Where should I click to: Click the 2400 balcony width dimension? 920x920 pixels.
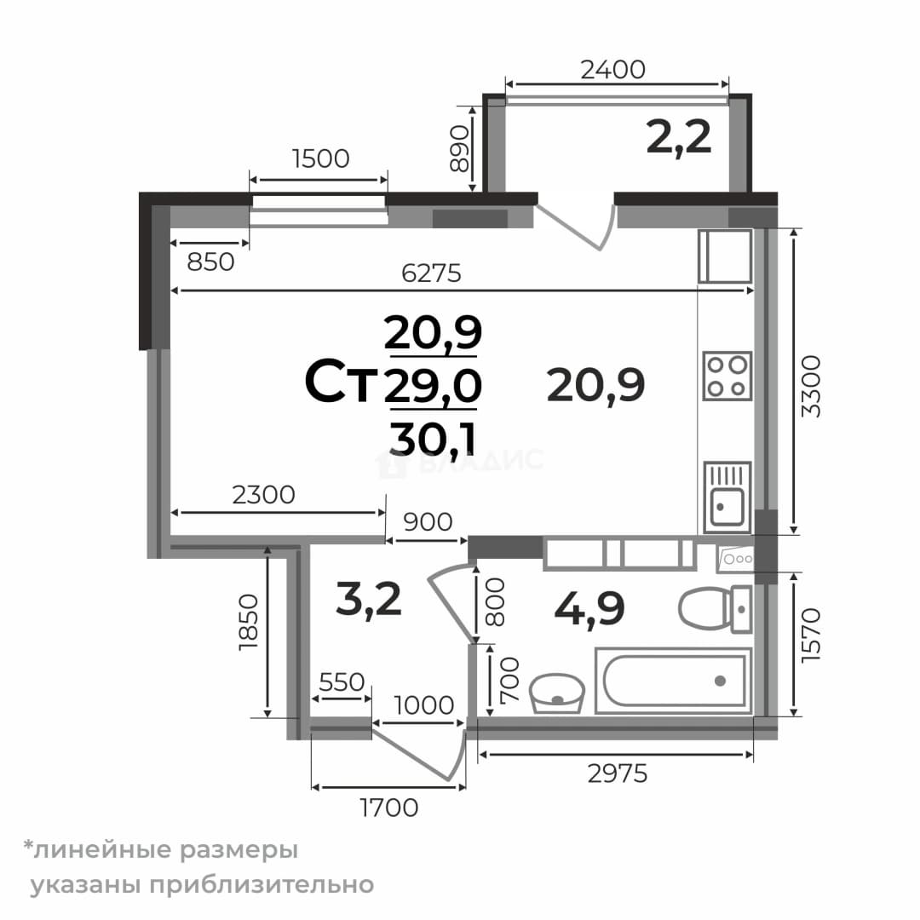[x=613, y=70]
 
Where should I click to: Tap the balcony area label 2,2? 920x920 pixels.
[x=679, y=137]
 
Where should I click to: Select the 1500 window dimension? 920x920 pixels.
[x=320, y=158]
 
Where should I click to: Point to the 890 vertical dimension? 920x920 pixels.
[x=460, y=149]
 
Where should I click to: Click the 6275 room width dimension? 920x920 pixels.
[x=431, y=273]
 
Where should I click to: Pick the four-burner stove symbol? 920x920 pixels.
[x=727, y=377]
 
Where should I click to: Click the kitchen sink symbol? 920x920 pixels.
[x=727, y=497]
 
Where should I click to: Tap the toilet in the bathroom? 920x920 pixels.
[x=715, y=609]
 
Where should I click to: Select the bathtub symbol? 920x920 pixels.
[x=674, y=681]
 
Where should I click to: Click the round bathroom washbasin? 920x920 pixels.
[x=557, y=693]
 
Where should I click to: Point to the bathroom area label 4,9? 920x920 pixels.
[x=589, y=608]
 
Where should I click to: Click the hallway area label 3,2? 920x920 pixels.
[x=369, y=599]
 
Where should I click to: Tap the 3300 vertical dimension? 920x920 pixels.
[x=812, y=386]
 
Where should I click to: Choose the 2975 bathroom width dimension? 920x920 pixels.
[x=618, y=773]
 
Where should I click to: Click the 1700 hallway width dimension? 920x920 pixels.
[x=389, y=808]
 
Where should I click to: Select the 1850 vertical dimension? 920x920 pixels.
[x=249, y=622]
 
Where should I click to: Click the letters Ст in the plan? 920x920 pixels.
[x=341, y=383]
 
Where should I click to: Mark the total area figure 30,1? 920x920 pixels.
[x=433, y=439]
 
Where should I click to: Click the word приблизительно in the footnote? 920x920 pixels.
[x=262, y=884]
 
